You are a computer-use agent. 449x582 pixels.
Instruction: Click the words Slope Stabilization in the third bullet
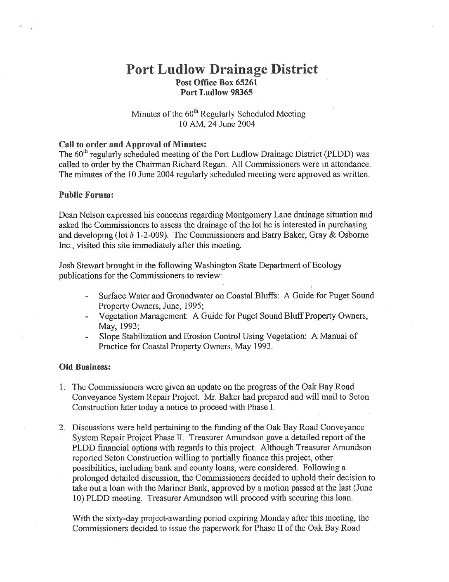tap(130, 336)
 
